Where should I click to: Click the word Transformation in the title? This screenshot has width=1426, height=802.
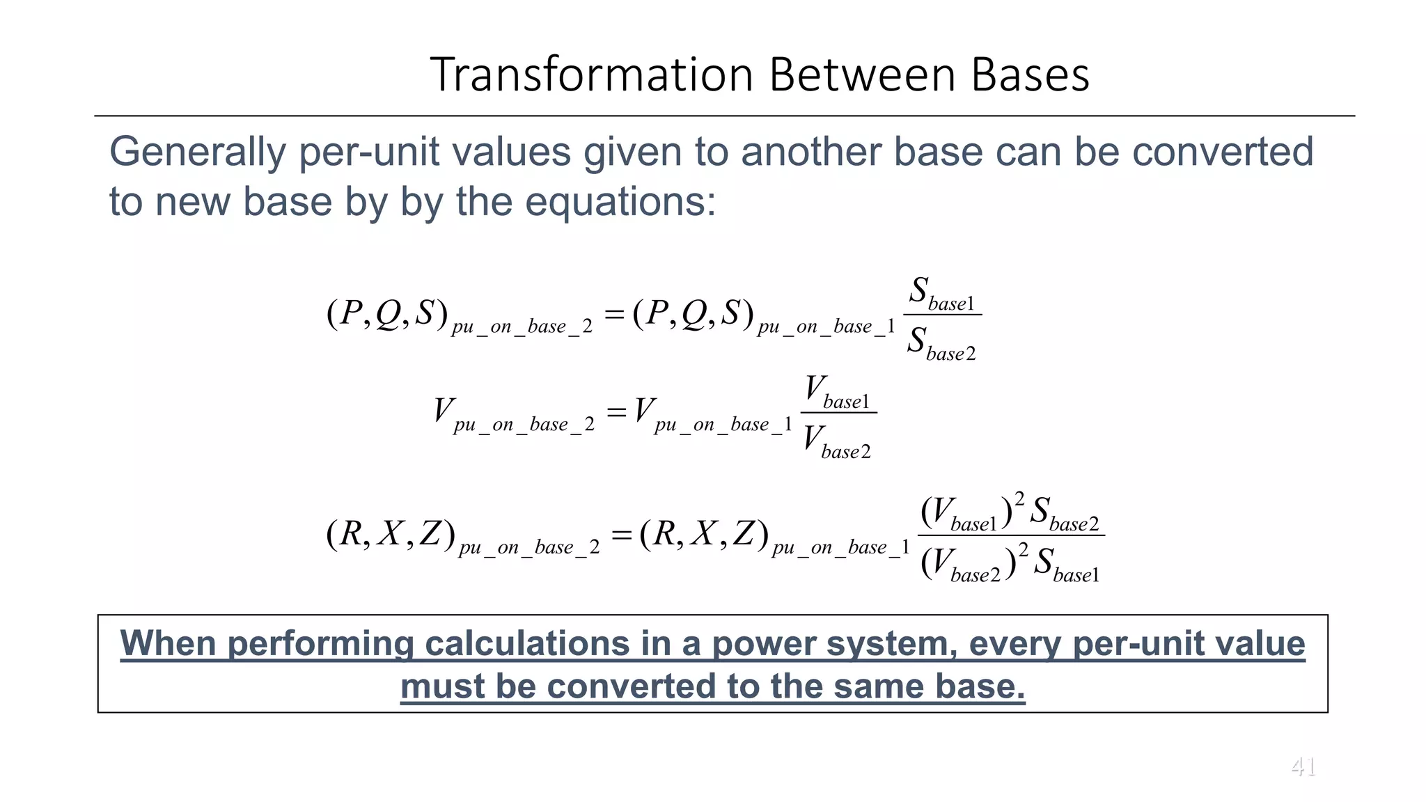pyautogui.click(x=592, y=74)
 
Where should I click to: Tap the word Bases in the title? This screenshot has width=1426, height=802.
pyautogui.click(x=1030, y=74)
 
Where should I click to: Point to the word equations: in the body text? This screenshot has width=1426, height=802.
pyautogui.click(x=620, y=202)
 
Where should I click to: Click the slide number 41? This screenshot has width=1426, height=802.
pyautogui.click(x=1303, y=767)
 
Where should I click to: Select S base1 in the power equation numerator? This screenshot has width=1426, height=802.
pyautogui.click(x=942, y=293)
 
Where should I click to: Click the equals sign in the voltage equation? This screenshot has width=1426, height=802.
pyautogui.click(x=616, y=412)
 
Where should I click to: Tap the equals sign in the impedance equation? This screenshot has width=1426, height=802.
pyautogui.click(x=621, y=535)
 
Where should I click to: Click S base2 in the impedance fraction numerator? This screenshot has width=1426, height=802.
pyautogui.click(x=1064, y=514)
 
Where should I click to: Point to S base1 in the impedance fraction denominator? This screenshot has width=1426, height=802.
pyautogui.click(x=1066, y=565)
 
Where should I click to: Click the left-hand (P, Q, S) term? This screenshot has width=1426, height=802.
pyautogui.click(x=386, y=314)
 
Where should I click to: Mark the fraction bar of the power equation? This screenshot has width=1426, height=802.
pyautogui.click(x=943, y=315)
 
